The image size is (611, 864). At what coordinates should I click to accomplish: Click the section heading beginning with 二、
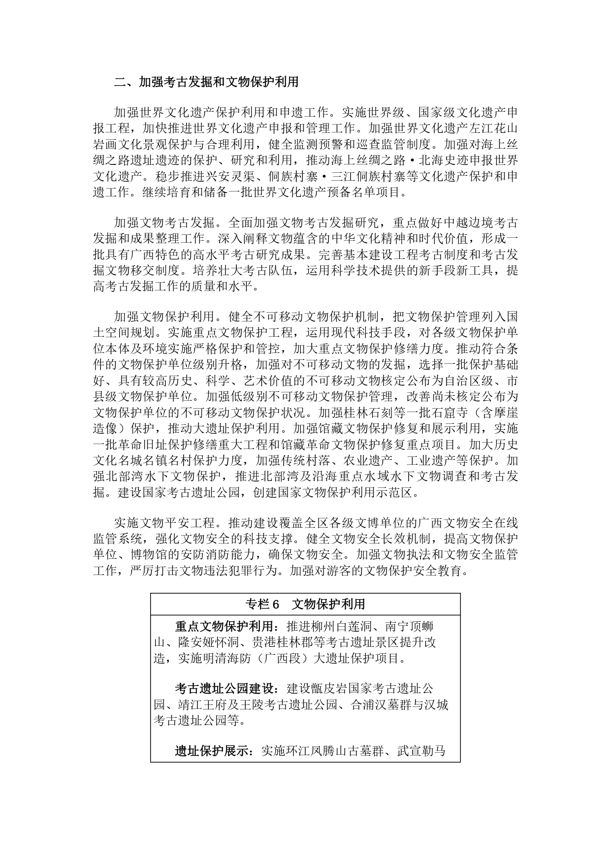tap(206, 82)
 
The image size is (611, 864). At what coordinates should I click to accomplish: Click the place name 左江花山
tap(493, 128)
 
